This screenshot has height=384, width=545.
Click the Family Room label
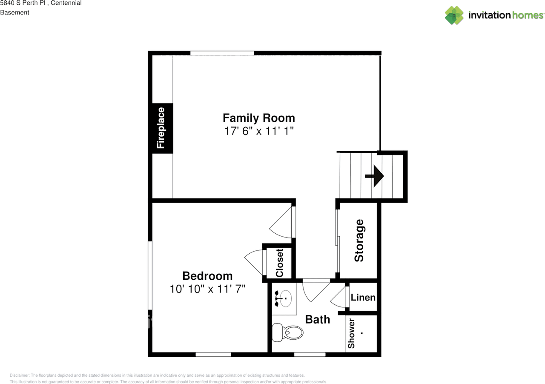click(x=259, y=118)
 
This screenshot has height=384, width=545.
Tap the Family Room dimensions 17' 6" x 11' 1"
click(x=259, y=131)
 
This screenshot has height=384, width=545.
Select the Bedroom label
click(x=207, y=276)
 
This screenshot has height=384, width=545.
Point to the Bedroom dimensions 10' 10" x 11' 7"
click(x=207, y=289)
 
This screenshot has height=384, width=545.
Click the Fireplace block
click(x=161, y=128)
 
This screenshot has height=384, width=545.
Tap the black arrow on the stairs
click(x=374, y=176)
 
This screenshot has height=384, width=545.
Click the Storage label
click(x=359, y=241)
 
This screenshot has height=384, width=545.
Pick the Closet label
click(x=280, y=263)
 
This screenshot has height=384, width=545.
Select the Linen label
click(x=363, y=298)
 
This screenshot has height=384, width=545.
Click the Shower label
click(x=351, y=333)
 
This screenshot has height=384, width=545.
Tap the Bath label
click(x=318, y=320)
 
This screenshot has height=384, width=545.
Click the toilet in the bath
click(x=287, y=332)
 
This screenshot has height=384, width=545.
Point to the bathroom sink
click(x=284, y=298)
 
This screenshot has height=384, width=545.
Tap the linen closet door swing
click(x=338, y=297)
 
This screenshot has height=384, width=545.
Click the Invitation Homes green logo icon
click(x=454, y=15)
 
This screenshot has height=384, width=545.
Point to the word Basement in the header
click(x=14, y=12)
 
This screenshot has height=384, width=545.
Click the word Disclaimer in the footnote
click(x=20, y=375)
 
